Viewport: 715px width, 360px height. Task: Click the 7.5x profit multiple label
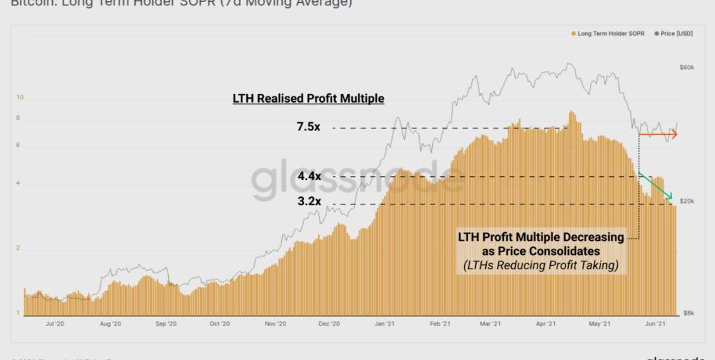(x=308, y=127)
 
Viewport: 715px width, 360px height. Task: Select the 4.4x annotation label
(x=309, y=177)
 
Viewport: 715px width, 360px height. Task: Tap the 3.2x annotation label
(x=309, y=201)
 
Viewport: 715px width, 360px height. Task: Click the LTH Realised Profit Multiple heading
(x=308, y=99)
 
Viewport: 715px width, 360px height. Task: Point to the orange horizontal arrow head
(x=673, y=135)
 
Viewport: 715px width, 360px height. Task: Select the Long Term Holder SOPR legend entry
(x=607, y=33)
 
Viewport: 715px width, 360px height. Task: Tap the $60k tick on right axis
(x=686, y=67)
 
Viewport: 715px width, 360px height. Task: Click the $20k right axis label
(x=686, y=201)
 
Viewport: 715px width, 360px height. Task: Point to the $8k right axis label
(x=687, y=312)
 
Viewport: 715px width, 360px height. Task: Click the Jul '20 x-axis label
(x=55, y=324)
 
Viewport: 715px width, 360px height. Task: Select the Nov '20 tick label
(x=275, y=324)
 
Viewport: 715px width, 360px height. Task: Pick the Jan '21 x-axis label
(x=385, y=324)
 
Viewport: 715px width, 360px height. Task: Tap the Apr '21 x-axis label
(x=545, y=324)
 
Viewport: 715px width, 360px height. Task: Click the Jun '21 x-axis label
(x=655, y=324)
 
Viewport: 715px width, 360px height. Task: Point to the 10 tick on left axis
(x=20, y=98)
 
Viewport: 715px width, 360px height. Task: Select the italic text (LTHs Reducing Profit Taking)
(x=541, y=266)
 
